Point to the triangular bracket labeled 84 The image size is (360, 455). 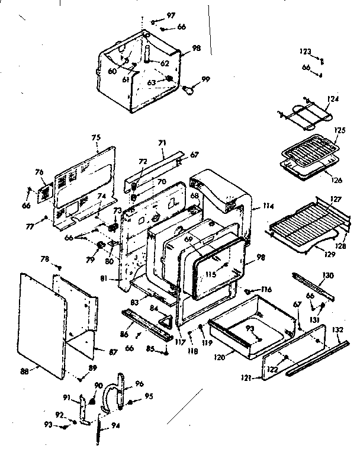point(166,321)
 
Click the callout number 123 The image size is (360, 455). point(305,52)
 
